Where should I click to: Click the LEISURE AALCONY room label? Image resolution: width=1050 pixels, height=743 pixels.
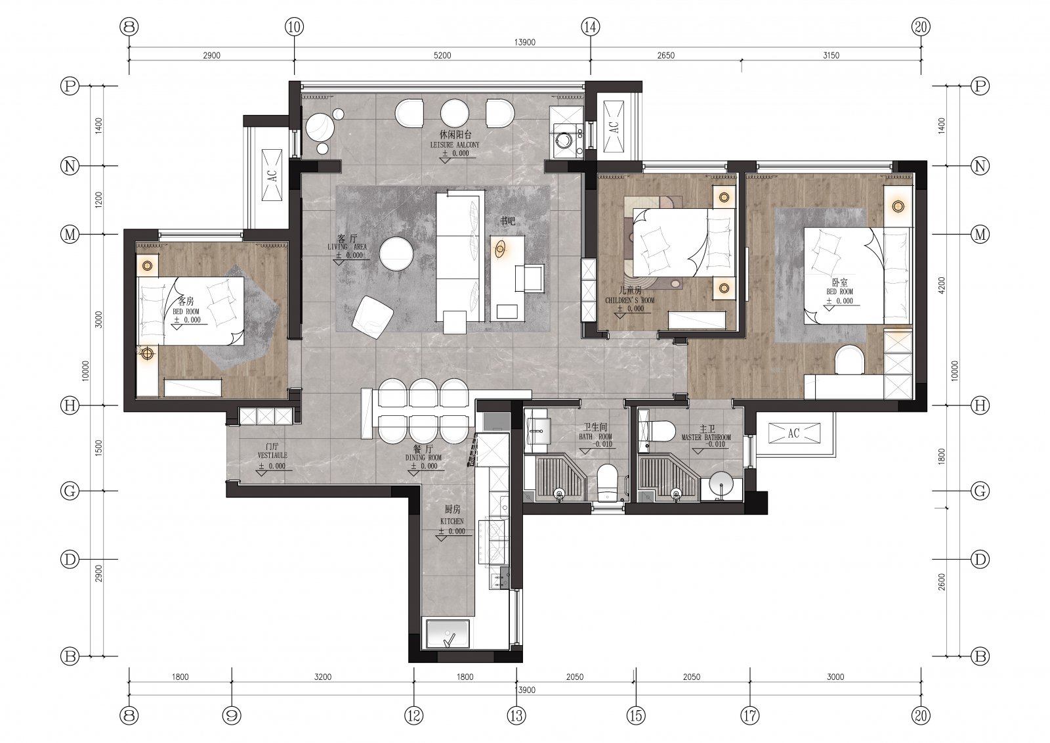point(455,145)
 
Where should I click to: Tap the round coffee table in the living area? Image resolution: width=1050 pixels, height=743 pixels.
point(396,254)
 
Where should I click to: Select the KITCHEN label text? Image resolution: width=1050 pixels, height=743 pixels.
point(452,521)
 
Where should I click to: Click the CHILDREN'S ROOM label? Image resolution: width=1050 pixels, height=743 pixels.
point(629,300)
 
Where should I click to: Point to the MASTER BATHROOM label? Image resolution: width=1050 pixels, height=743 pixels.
point(706,437)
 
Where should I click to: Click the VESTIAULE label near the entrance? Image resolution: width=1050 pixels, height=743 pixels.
point(272,455)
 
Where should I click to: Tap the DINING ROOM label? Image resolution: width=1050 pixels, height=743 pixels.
point(423,457)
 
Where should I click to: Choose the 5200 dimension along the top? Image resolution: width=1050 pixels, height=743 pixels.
point(442,55)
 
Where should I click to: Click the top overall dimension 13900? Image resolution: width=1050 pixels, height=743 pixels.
point(524,42)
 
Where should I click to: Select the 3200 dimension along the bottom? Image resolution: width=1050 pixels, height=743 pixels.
point(322,677)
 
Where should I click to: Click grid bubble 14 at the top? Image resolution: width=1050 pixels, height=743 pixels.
point(590,27)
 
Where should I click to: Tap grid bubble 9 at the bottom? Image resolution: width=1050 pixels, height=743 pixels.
point(232,716)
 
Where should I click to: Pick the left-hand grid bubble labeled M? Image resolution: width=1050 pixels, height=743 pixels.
point(70,234)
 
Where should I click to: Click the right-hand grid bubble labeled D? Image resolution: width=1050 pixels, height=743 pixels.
point(980,559)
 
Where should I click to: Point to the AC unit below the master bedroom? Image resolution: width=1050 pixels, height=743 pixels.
point(794,433)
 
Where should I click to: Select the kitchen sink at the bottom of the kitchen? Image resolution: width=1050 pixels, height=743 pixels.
point(448,634)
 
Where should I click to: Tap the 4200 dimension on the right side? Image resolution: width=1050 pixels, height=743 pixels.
point(942,285)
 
